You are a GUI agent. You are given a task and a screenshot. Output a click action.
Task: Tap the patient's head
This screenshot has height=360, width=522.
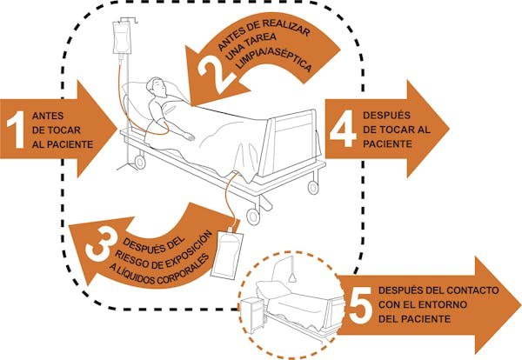point(156,87)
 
